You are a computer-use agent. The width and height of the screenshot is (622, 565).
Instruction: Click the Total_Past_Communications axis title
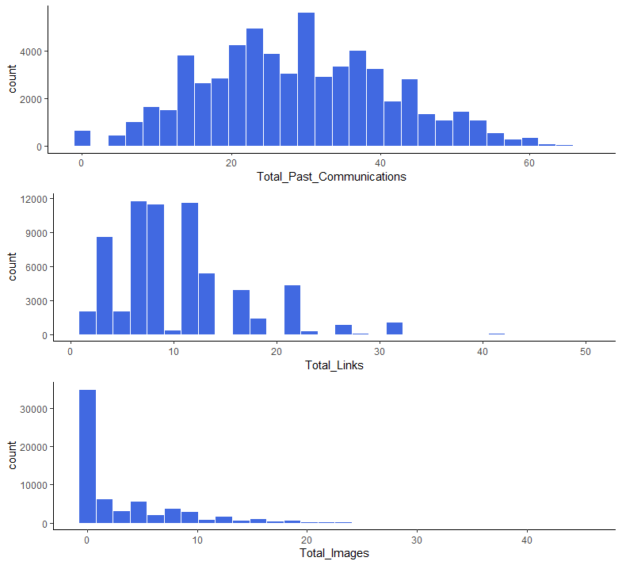(x=331, y=177)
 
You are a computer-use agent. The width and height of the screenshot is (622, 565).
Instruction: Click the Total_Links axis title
(x=334, y=365)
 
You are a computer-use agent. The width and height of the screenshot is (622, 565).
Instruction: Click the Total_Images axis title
(x=334, y=553)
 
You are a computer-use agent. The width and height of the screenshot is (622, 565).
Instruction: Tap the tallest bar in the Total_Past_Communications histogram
(x=306, y=80)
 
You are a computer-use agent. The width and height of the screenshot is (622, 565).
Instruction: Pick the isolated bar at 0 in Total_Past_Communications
(x=82, y=139)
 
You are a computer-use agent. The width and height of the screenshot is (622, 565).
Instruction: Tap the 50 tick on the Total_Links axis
(x=584, y=351)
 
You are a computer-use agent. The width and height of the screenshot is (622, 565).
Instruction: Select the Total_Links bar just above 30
(x=395, y=329)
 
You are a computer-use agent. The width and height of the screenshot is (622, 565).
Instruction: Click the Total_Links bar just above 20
(x=292, y=310)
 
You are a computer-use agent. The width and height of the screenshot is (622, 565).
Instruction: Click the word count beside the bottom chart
(x=13, y=455)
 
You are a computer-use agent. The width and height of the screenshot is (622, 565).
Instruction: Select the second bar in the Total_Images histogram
(x=105, y=511)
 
